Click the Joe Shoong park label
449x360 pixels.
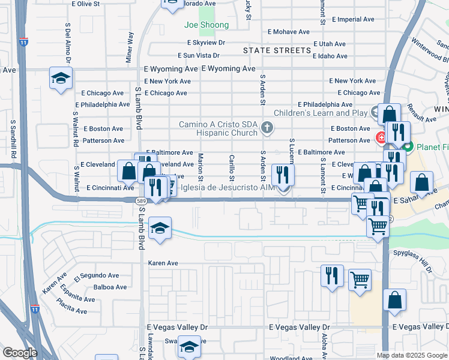pos(206,25)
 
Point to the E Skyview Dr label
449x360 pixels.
pos(206,43)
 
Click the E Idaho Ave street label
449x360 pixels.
pos(330,56)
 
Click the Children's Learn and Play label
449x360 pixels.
pos(321,113)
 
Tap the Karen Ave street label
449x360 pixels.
pos(163,263)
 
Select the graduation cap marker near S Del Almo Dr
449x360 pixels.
pos(60,79)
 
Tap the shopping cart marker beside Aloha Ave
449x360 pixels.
pos(360,279)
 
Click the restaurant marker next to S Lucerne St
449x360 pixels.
pos(283,175)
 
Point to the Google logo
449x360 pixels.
pos(19,353)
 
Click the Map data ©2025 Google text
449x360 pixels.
pos(412,355)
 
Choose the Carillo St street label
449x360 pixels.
pos(232,167)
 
